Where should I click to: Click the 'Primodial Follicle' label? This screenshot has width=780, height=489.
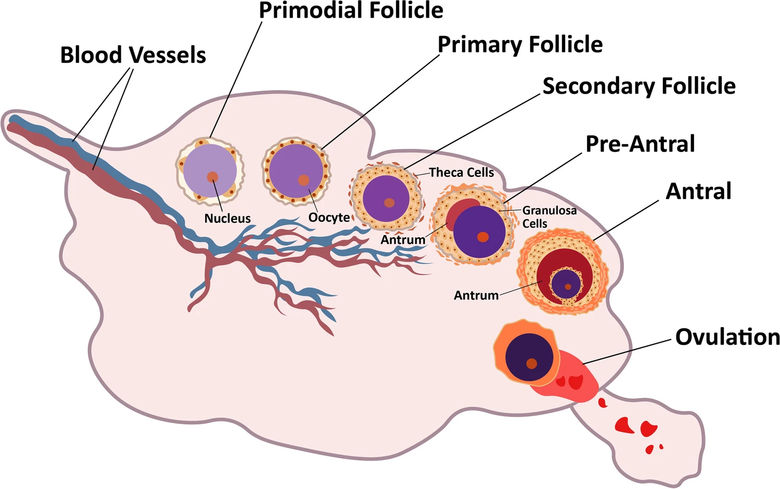pyautogui.click(x=351, y=10)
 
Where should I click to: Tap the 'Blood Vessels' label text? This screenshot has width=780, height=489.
pyautogui.click(x=133, y=55)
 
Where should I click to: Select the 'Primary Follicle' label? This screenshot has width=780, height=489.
pyautogui.click(x=520, y=45)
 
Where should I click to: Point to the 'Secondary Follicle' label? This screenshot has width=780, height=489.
pyautogui.click(x=639, y=86)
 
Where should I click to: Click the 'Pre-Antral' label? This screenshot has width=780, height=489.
pyautogui.click(x=640, y=144)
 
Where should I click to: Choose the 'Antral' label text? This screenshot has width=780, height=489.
pyautogui.click(x=698, y=191)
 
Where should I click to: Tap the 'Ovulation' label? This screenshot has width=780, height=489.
pyautogui.click(x=727, y=337)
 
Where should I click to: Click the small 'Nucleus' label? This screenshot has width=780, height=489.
pyautogui.click(x=227, y=218)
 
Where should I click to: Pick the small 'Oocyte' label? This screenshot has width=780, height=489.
pyautogui.click(x=329, y=217)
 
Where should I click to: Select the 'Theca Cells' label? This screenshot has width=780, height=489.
pyautogui.click(x=462, y=173)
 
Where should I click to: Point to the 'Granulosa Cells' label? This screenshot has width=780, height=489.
pyautogui.click(x=549, y=217)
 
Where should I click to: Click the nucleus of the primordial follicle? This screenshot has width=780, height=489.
pyautogui.click(x=212, y=177)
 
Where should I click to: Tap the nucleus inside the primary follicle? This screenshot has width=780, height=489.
pyautogui.click(x=303, y=181)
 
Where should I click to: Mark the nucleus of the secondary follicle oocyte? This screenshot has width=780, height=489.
pyautogui.click(x=389, y=202)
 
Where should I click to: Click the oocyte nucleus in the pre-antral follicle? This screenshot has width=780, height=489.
pyautogui.click(x=483, y=237)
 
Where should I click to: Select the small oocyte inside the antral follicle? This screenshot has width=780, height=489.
pyautogui.click(x=566, y=284)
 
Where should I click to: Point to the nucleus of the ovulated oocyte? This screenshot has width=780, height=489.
pyautogui.click(x=531, y=364)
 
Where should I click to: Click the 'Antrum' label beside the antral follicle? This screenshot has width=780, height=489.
pyautogui.click(x=476, y=295)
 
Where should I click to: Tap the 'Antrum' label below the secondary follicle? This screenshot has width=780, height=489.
pyautogui.click(x=403, y=240)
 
